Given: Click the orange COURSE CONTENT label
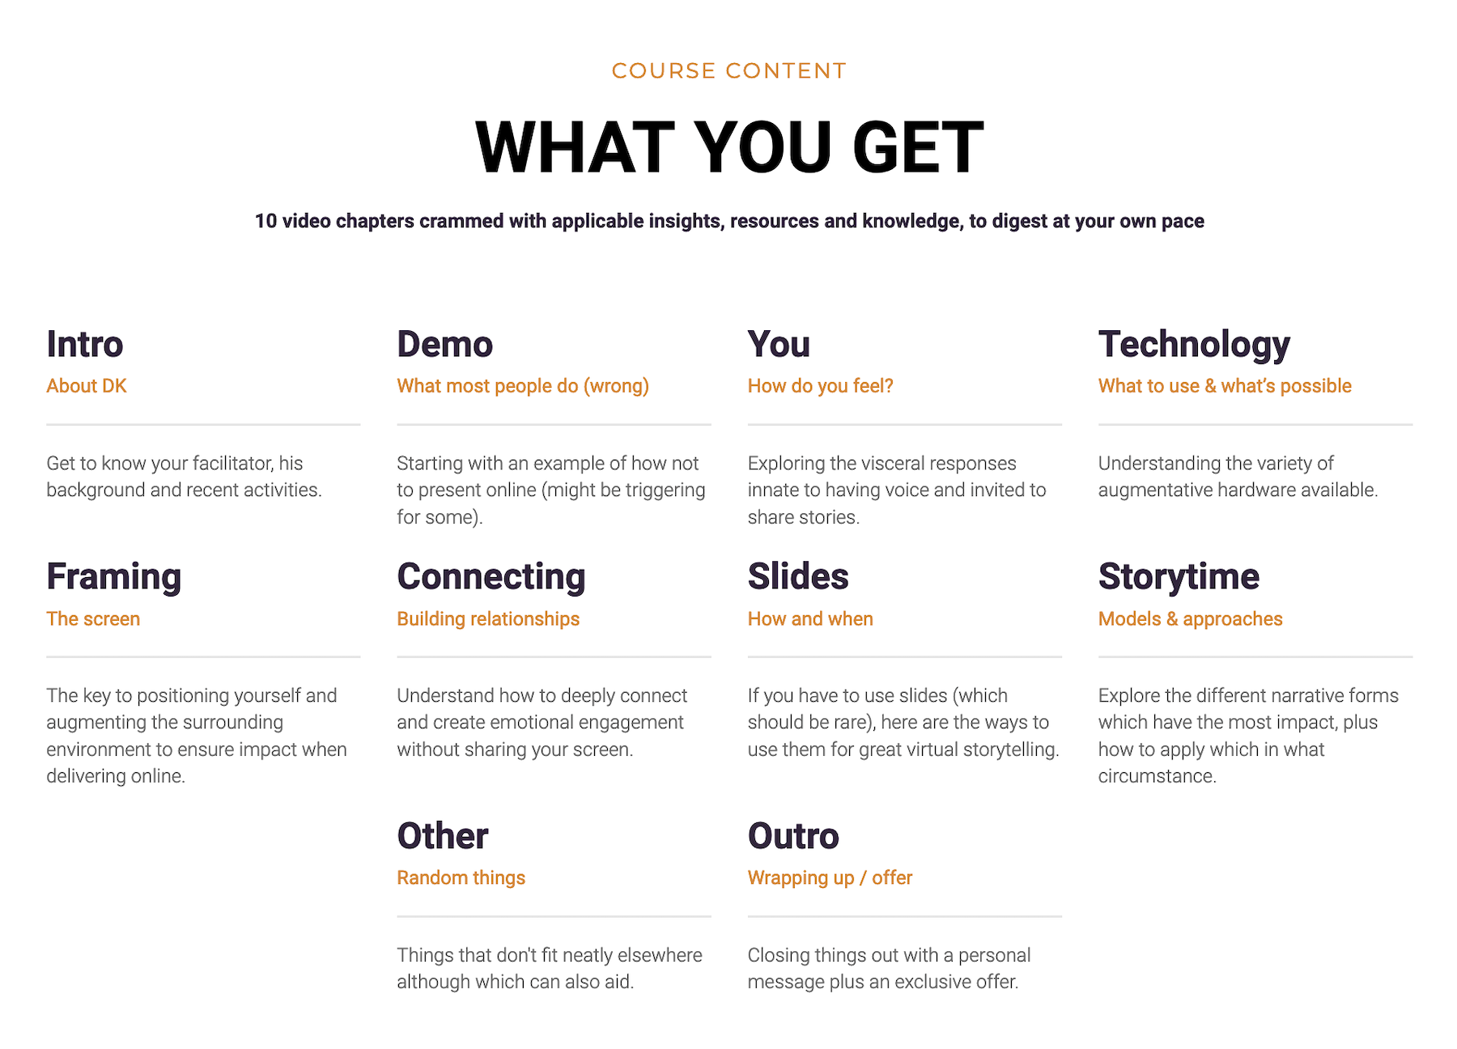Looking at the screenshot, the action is [x=728, y=71].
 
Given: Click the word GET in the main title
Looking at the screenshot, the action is [x=918, y=147].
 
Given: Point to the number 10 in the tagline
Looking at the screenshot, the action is [x=265, y=221].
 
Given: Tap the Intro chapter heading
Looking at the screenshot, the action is [x=85, y=344].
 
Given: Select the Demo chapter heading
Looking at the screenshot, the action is [x=444, y=344].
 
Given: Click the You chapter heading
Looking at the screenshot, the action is [x=779, y=344].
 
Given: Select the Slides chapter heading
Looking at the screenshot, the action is [x=798, y=576].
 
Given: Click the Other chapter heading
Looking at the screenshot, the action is [x=443, y=836].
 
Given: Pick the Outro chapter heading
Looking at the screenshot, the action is [x=793, y=836].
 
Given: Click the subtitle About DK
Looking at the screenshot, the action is [x=87, y=386].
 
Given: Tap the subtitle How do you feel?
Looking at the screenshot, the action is [x=821, y=386].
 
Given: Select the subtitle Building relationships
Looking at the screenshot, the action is [x=488, y=619].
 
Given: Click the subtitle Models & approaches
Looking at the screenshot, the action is [x=1191, y=619].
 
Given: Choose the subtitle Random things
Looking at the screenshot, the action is [x=461, y=878].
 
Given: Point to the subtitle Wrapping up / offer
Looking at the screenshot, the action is [x=830, y=878].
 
